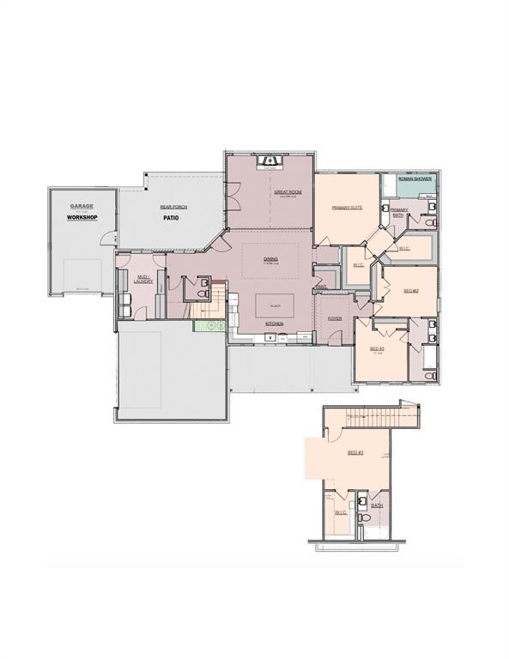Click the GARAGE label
[x=82, y=207]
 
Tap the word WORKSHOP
[x=82, y=218]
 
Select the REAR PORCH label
[x=173, y=207]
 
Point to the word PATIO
[x=175, y=218]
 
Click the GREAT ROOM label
[x=288, y=192]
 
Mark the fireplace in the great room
[x=271, y=160]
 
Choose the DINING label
[x=270, y=258]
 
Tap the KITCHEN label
[x=275, y=323]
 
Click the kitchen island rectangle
[x=275, y=305]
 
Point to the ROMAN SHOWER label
[x=415, y=179]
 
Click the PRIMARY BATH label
[x=398, y=212]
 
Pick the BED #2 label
[x=410, y=291]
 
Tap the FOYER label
[x=335, y=318]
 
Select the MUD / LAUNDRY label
[x=144, y=280]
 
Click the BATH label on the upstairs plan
[x=376, y=506]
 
